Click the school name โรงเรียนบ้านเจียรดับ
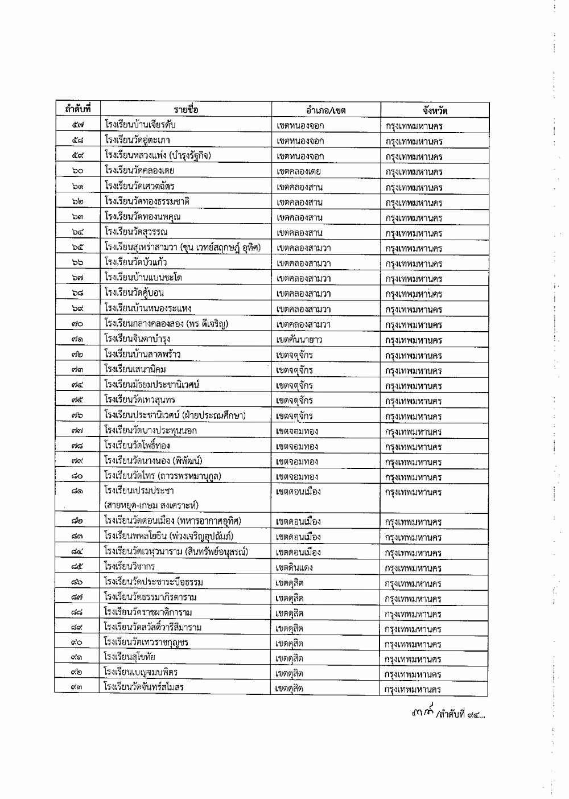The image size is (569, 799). [x=141, y=125]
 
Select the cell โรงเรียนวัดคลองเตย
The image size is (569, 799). [x=139, y=170]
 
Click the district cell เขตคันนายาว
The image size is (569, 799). [x=299, y=340]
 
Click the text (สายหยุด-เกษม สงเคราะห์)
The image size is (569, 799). [x=151, y=505]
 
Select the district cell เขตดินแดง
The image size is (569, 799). [x=294, y=568]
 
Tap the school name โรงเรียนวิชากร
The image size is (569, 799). [x=130, y=566]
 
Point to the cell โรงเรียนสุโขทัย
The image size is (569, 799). [x=130, y=658]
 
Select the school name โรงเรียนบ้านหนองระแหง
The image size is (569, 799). [x=148, y=308]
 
